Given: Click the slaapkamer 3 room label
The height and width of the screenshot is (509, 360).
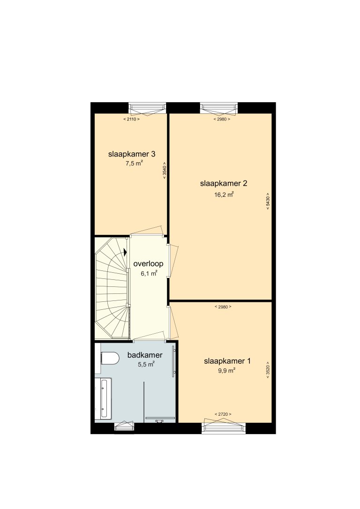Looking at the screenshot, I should (x=132, y=154).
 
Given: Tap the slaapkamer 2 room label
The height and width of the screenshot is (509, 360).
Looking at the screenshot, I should (x=224, y=183).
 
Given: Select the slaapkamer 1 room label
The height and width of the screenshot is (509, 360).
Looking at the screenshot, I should (x=227, y=361).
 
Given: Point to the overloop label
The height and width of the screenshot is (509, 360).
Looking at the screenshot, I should (x=148, y=263).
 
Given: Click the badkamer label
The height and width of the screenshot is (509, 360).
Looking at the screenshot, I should (x=145, y=355).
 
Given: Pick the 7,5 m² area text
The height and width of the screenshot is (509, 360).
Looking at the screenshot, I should (x=134, y=164).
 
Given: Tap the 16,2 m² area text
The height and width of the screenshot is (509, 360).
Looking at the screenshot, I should (x=224, y=195).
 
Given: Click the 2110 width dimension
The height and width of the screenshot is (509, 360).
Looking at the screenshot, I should (x=131, y=120).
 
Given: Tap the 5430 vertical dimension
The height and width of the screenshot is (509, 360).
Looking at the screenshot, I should (x=268, y=202).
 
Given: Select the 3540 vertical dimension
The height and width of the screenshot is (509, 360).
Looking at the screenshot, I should (x=164, y=172).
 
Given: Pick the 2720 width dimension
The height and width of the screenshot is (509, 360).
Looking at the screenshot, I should (x=223, y=414).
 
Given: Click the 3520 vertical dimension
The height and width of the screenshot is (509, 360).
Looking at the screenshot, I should (x=268, y=370).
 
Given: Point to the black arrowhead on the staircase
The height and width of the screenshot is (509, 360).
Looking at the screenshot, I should (x=125, y=252).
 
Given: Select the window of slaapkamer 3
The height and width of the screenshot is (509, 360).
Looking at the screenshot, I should (x=147, y=108).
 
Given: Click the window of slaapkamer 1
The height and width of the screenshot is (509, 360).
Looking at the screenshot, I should (x=224, y=427).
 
